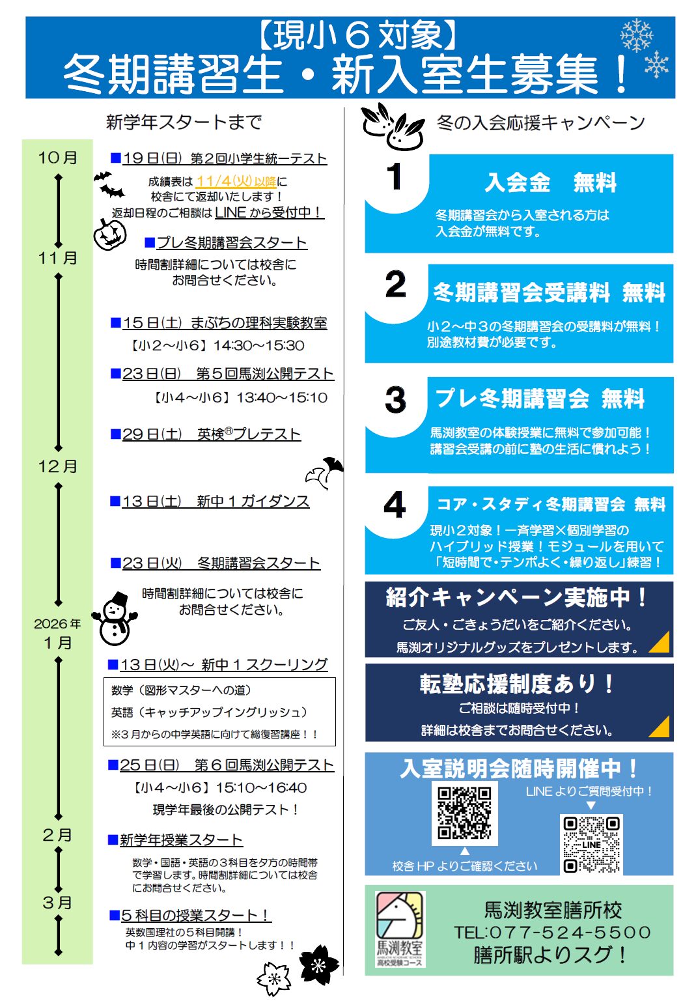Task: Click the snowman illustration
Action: [115, 619]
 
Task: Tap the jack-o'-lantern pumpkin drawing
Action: [109, 234]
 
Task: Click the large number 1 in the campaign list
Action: [395, 176]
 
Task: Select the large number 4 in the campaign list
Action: [395, 505]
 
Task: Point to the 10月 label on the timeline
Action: [57, 158]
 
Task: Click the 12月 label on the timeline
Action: [57, 466]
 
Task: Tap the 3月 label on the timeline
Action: [57, 903]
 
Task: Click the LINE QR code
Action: [591, 844]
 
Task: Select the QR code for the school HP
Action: [464, 812]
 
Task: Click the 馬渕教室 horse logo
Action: [400, 929]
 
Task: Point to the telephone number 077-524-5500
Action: [552, 933]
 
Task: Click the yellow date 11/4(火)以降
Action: [236, 182]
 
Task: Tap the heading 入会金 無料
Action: [550, 183]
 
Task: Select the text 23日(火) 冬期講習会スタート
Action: [221, 563]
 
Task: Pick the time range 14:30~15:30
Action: [258, 346]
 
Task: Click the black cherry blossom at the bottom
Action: [319, 965]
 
